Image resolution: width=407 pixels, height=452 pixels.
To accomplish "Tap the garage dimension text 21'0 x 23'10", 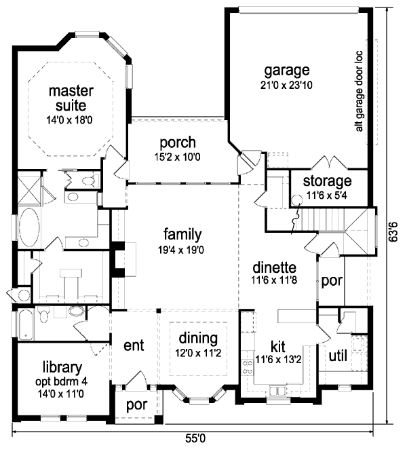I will (x=287, y=86).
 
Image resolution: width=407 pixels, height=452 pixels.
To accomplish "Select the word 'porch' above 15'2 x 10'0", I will (x=178, y=143).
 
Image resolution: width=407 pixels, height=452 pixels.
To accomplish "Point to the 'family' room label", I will (x=182, y=235).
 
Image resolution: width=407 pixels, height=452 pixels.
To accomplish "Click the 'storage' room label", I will (x=327, y=181).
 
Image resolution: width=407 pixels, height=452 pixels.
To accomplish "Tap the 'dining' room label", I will (x=198, y=338).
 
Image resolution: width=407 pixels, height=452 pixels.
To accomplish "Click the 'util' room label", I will (x=338, y=355).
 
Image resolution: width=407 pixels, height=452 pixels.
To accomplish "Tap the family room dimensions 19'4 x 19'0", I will (x=182, y=249).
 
